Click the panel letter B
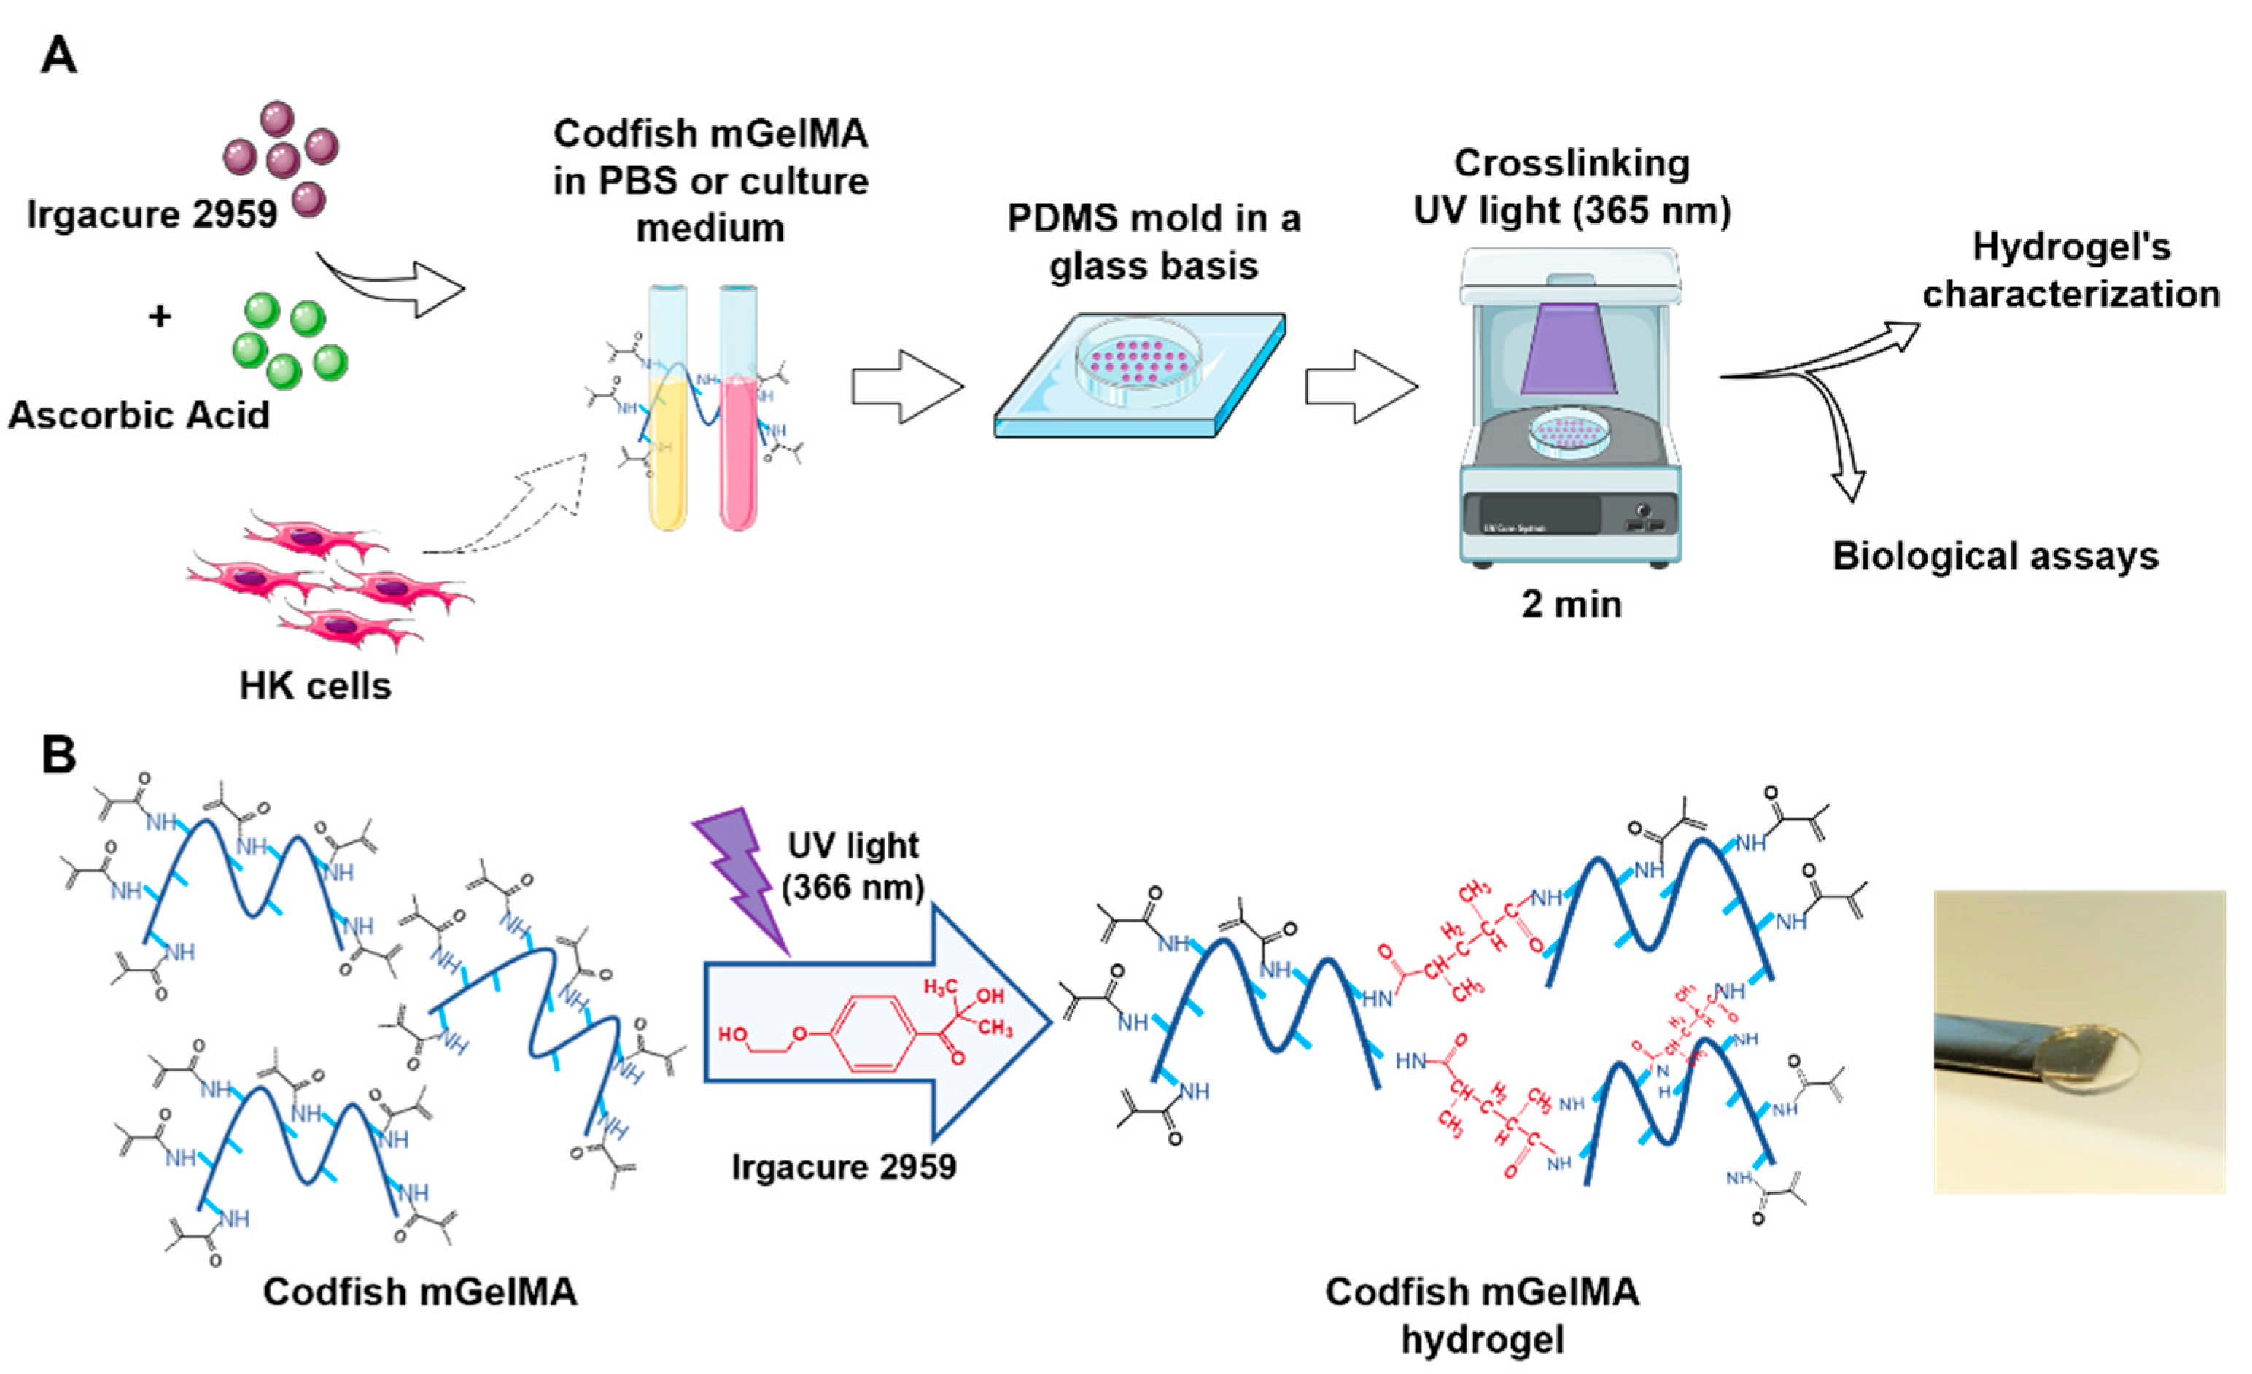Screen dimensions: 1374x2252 [58, 755]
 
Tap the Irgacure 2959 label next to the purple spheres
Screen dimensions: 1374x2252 [152, 214]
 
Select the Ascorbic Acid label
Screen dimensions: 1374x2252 [139, 415]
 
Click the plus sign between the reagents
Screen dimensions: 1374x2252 [159, 317]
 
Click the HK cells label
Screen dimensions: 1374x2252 [315, 686]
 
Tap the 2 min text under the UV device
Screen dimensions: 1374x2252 [1571, 605]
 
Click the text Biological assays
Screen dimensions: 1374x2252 [1995, 556]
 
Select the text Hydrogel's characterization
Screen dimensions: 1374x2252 [2071, 271]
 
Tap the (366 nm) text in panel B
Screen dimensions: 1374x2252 [853, 887]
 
